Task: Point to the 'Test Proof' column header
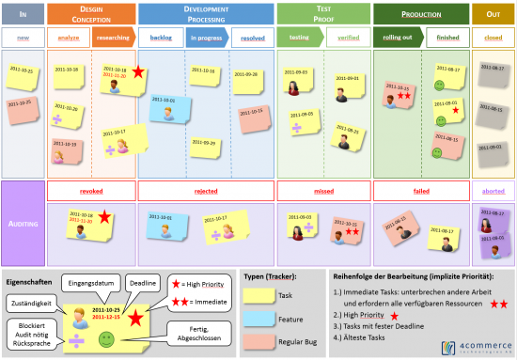click(321, 13)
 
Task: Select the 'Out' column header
click(493, 13)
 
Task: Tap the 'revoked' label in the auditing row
click(90, 190)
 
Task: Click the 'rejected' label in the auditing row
click(206, 190)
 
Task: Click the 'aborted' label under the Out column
click(493, 190)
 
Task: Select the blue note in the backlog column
click(170, 107)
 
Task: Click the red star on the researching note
click(138, 72)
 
